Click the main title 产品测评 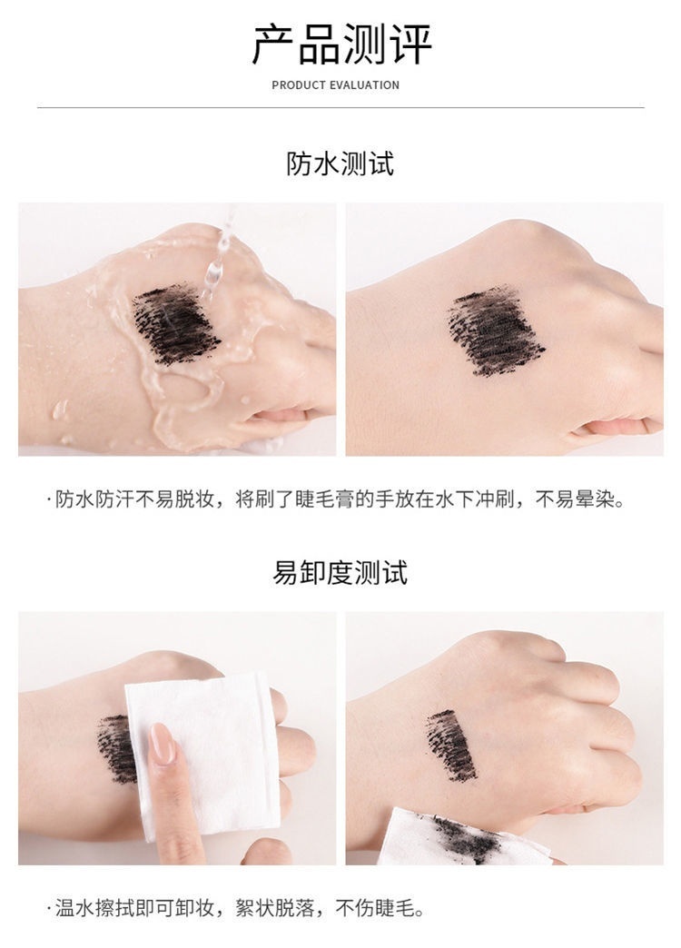coord(341,44)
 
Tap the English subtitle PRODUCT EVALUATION coord(336,85)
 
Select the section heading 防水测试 coord(340,163)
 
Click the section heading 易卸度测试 coord(340,572)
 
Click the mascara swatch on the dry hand coord(495,331)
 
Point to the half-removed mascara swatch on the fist coord(451,745)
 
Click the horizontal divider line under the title coord(340,108)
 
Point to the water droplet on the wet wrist coord(60,410)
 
